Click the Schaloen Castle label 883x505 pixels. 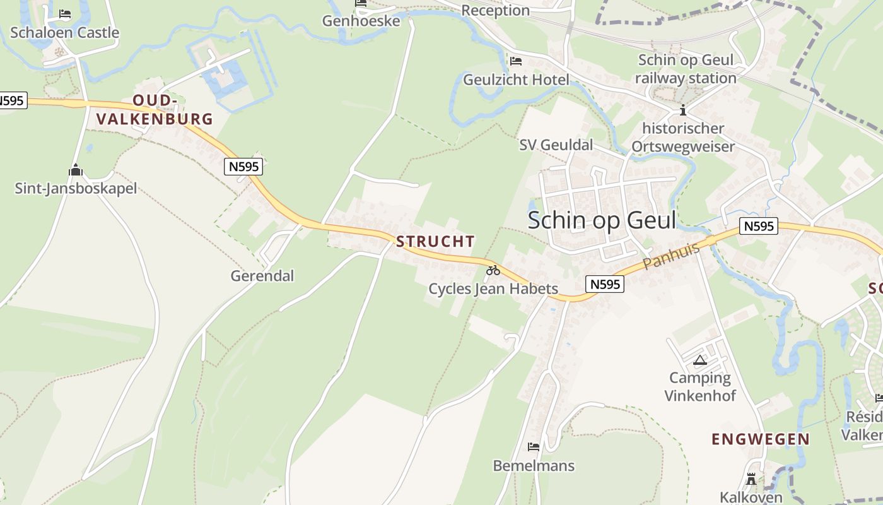pos(64,32)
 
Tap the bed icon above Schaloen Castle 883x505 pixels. pos(65,13)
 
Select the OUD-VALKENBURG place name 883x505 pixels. pos(155,110)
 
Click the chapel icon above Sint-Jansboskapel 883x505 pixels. pos(76,170)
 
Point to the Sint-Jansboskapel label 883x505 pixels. pos(76,188)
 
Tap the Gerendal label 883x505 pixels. pos(262,276)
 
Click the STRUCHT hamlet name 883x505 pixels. pos(435,241)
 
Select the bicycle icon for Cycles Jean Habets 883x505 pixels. pos(493,270)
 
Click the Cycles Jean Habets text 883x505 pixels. pos(493,289)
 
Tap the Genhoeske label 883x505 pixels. pos(361,21)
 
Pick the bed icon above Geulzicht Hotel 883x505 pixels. pos(516,61)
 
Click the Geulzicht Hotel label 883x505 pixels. pos(516,80)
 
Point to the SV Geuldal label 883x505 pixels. pos(556,145)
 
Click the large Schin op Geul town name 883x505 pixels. pos(602,220)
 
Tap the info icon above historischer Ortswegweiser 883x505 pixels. pos(682,110)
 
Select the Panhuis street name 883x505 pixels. pos(671,256)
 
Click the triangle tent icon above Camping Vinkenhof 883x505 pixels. pos(699,360)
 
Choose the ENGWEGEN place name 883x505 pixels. pos(761,439)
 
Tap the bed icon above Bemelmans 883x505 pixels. pos(534,447)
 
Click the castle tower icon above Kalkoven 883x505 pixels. pos(751,478)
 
